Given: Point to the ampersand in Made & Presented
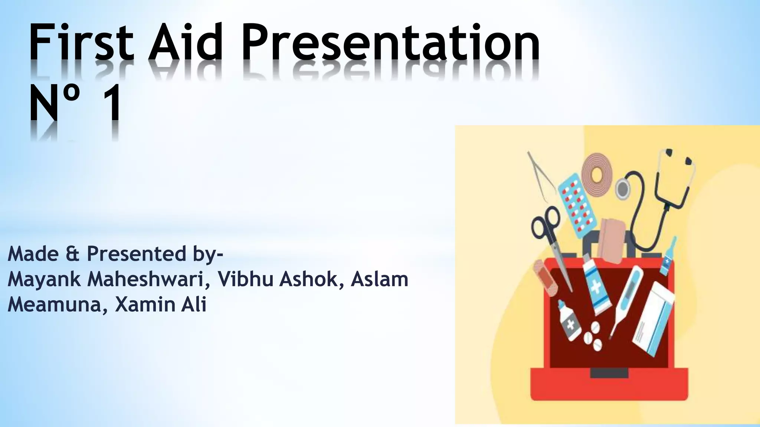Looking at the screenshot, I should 73,254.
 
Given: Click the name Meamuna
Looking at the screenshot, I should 54,305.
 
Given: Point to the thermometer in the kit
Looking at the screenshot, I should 625,300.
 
